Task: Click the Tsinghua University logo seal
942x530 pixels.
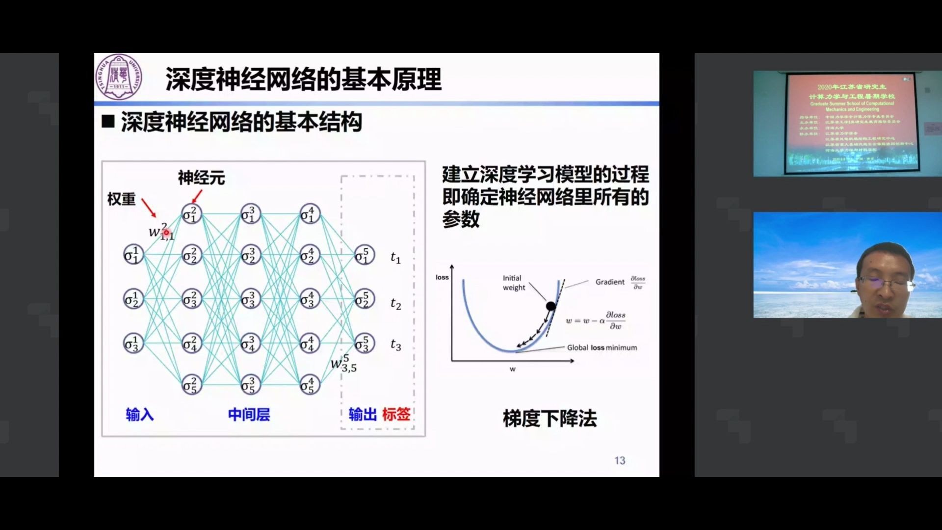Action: tap(118, 77)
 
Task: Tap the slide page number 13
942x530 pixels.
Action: tap(620, 460)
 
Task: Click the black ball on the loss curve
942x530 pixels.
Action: tap(551, 306)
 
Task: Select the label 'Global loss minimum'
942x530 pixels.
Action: tap(602, 347)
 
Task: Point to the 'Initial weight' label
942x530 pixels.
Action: tap(513, 283)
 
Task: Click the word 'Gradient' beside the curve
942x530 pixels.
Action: tap(610, 282)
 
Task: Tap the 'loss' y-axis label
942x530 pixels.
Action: tap(442, 277)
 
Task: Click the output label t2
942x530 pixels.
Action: tap(395, 304)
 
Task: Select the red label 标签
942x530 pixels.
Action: tap(396, 414)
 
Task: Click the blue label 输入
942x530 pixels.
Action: tap(140, 415)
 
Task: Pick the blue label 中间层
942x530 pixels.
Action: tap(249, 415)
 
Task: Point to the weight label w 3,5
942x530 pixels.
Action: tap(343, 364)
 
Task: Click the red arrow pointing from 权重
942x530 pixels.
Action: tap(149, 208)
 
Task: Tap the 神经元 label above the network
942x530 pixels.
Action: tap(201, 178)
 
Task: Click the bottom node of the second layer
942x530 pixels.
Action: tap(191, 385)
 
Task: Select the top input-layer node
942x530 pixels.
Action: tap(133, 255)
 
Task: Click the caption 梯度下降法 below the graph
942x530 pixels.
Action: tap(549, 419)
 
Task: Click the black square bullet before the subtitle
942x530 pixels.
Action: tap(108, 122)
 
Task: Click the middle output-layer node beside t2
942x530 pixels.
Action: tap(364, 299)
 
